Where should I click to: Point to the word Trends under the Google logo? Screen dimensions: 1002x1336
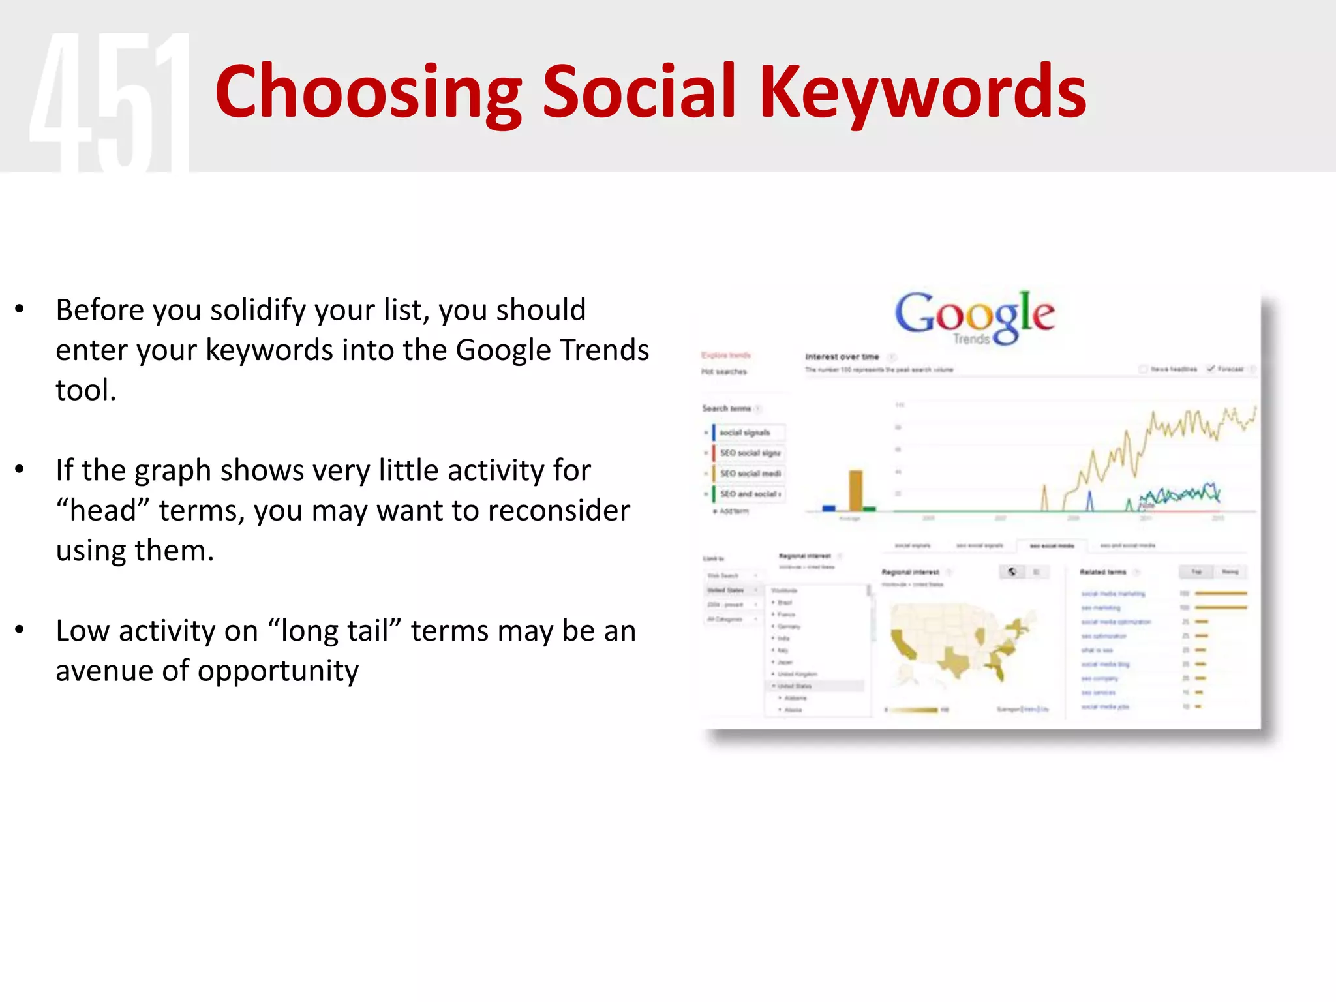971,339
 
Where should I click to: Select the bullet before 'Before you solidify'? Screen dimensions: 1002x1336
20,309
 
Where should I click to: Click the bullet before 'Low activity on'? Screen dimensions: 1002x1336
20,630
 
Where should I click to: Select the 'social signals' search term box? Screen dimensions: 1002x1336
748,433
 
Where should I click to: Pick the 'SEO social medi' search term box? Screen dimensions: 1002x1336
750,474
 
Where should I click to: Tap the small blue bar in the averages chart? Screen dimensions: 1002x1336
829,508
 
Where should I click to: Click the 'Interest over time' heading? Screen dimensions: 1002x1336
842,357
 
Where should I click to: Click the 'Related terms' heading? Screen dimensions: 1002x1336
1102,572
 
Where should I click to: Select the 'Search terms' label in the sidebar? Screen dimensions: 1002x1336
726,408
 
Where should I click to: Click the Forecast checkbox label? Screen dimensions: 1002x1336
1230,369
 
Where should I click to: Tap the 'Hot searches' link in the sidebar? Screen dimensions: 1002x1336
723,372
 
